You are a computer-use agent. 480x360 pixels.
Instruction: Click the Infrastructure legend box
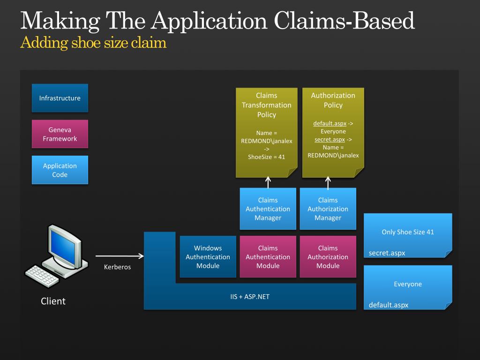point(60,98)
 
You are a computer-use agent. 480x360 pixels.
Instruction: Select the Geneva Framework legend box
point(60,134)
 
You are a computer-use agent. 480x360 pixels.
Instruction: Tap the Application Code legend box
point(60,170)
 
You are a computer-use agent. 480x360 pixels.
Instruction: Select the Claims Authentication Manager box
point(268,209)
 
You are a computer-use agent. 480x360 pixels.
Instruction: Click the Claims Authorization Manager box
point(328,209)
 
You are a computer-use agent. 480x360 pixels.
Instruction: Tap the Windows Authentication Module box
point(208,257)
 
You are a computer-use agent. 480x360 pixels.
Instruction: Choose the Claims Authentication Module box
point(268,257)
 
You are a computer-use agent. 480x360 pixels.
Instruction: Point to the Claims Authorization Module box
point(328,257)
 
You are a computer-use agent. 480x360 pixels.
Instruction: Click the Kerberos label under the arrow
point(117,267)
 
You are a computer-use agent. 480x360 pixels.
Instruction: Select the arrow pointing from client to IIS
point(120,256)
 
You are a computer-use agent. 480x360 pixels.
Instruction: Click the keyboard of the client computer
point(42,276)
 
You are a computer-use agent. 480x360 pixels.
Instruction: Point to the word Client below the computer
point(53,301)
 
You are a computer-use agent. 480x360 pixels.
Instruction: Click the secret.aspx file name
point(387,253)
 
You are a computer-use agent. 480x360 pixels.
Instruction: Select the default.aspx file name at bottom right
point(389,305)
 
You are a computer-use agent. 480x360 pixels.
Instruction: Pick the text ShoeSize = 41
point(266,157)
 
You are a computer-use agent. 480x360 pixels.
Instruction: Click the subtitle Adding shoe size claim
point(94,43)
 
